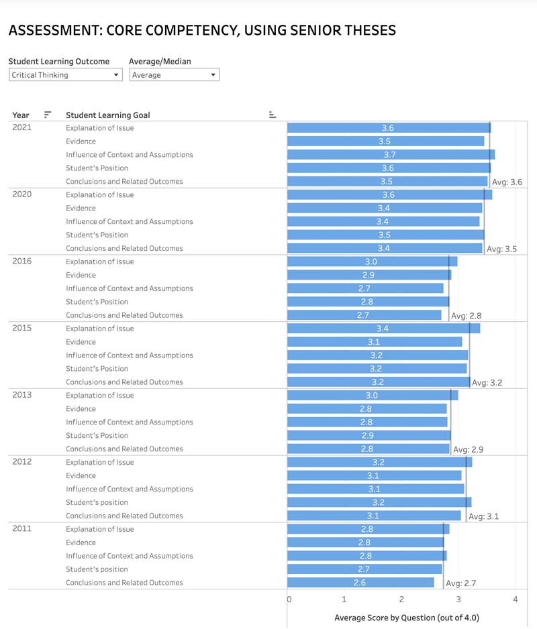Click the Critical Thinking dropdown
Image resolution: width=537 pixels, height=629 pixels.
click(x=65, y=75)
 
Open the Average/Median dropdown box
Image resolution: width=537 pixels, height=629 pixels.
click(x=174, y=75)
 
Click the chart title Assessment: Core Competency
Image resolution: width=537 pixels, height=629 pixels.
click(x=202, y=30)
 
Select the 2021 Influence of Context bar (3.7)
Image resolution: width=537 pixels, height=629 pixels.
click(x=390, y=155)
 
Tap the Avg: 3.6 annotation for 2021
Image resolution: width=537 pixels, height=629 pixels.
click(x=507, y=182)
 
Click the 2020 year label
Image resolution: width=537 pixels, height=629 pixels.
click(x=22, y=194)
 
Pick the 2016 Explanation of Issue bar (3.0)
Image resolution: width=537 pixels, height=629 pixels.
click(x=371, y=262)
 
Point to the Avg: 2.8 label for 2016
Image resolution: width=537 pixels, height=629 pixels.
click(x=466, y=316)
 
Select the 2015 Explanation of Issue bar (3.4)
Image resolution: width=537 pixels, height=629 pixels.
click(x=383, y=329)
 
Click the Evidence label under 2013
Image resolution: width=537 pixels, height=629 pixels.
click(x=81, y=409)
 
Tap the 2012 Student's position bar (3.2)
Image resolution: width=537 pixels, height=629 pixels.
click(x=379, y=502)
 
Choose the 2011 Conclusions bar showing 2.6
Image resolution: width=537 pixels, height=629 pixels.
click(x=360, y=583)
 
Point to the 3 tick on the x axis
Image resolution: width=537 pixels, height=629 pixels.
click(x=458, y=599)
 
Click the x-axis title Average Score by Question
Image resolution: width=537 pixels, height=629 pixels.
click(x=407, y=618)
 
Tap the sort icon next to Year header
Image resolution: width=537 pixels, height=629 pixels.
click(x=48, y=115)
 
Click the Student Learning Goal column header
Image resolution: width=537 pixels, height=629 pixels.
click(x=107, y=115)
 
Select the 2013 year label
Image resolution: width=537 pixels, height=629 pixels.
click(x=22, y=395)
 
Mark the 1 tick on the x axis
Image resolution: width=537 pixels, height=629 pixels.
click(x=344, y=599)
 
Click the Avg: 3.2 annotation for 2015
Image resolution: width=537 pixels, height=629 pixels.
click(x=487, y=383)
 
